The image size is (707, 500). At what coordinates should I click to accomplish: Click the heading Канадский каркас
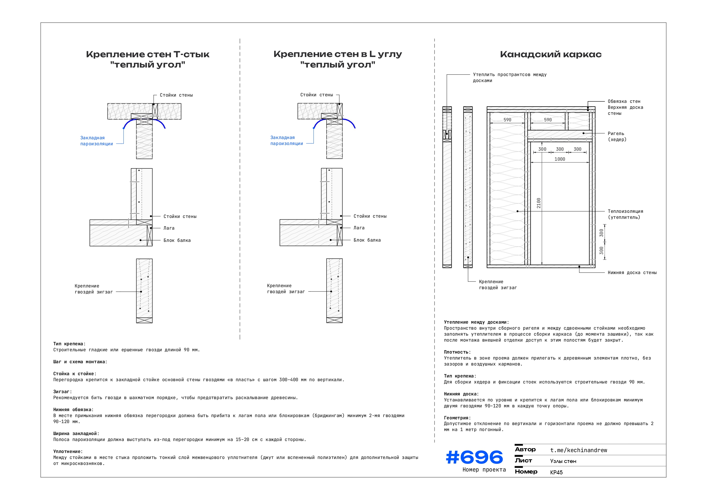pos(551,54)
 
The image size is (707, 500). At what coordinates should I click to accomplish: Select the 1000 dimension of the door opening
pos(559,159)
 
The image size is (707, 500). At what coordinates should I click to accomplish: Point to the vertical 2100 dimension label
pos(539,203)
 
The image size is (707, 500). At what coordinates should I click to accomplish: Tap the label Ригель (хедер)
pos(617,136)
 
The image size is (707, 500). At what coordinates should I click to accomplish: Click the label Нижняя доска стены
pos(632,272)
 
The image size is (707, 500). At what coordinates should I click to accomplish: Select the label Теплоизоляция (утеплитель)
pos(625,214)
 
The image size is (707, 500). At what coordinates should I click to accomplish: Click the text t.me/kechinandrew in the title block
pos(578,450)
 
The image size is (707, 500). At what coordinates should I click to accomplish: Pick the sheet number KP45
pos(556,472)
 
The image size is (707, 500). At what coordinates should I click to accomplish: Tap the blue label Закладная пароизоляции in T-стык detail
pos(96,141)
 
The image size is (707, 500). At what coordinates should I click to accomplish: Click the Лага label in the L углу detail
pos(359,228)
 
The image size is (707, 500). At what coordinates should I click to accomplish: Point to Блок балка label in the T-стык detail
pos(177,240)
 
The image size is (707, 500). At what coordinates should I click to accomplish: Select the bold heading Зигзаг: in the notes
pos(62,392)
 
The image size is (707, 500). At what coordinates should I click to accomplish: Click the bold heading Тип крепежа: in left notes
pos(69,344)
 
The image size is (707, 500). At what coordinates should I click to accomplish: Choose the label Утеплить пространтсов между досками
pos(509,77)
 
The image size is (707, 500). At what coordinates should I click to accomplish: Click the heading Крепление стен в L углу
pos(337,54)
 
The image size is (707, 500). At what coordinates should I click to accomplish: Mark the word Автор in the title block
pos(525,450)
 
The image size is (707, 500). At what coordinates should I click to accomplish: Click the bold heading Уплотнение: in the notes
pos(68,451)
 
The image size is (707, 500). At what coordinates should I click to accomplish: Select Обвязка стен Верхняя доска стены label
pos(625,107)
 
